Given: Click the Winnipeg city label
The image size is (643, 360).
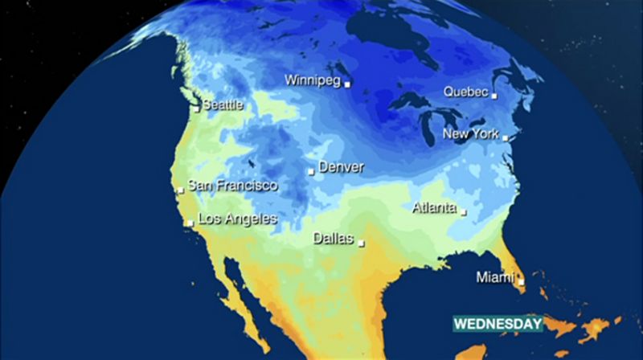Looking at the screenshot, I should pyautogui.click(x=313, y=80).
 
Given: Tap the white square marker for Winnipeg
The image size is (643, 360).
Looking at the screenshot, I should pyautogui.click(x=347, y=83).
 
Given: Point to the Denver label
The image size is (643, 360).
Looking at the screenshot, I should pyautogui.click(x=341, y=167).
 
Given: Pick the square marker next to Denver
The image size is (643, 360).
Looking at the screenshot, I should pyautogui.click(x=312, y=170).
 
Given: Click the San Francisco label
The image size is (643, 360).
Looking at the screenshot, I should pyautogui.click(x=231, y=186).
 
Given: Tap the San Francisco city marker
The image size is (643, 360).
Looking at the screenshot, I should pyautogui.click(x=181, y=190).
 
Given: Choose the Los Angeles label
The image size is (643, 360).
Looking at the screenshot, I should pyautogui.click(x=237, y=219).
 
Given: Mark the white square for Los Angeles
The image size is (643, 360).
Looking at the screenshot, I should pyautogui.click(x=190, y=223).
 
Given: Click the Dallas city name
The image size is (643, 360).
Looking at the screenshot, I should pyautogui.click(x=333, y=238).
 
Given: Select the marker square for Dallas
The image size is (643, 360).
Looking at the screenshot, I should pyautogui.click(x=362, y=242).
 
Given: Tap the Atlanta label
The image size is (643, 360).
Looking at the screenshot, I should pyautogui.click(x=433, y=207).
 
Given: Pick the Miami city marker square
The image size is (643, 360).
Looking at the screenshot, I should pyautogui.click(x=522, y=281).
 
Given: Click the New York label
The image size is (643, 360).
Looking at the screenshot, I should pyautogui.click(x=470, y=134).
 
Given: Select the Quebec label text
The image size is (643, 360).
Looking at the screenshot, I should pyautogui.click(x=465, y=92).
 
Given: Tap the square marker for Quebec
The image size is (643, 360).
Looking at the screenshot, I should pyautogui.click(x=494, y=96).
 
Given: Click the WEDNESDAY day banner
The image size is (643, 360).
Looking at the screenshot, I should pyautogui.click(x=498, y=324).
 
